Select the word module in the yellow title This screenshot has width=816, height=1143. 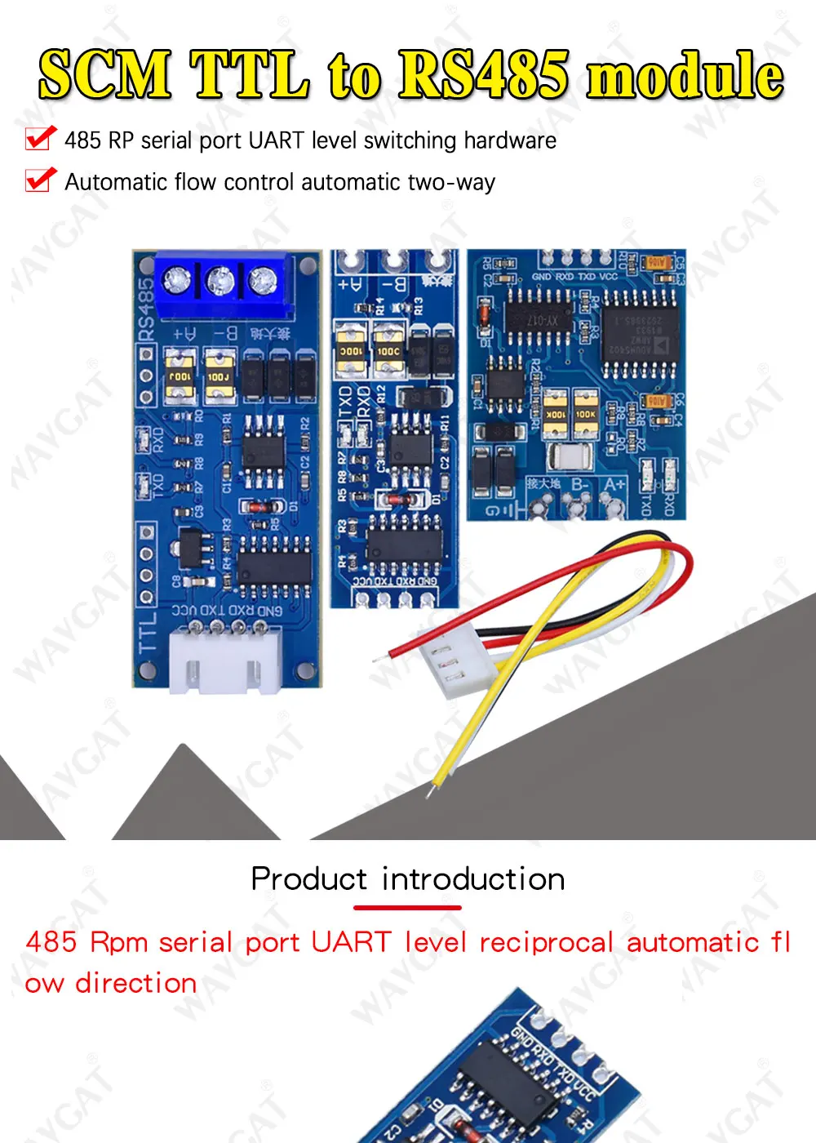tap(685, 76)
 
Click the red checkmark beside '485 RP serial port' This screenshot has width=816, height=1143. tap(41, 139)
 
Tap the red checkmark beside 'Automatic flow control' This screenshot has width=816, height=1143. tap(41, 180)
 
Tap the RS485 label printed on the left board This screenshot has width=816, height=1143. tap(145, 308)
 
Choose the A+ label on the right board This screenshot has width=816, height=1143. tap(613, 485)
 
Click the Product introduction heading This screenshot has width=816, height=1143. tap(408, 879)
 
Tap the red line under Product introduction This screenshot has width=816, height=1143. tap(407, 907)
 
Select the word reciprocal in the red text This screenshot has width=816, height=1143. tap(546, 942)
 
